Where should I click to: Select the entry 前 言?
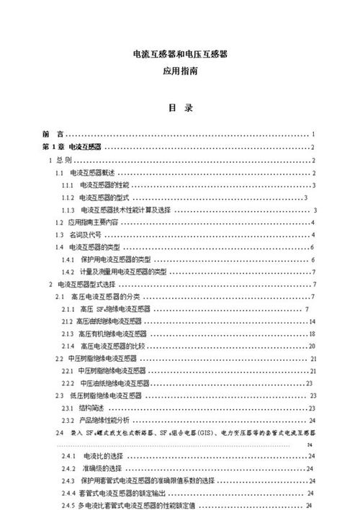pyautogui.click(x=52, y=134)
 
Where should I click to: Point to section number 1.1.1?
pyautogui.click(x=68, y=186)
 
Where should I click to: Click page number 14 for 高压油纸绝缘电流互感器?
pyautogui.click(x=312, y=321)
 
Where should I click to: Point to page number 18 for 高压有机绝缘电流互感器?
pyautogui.click(x=312, y=334)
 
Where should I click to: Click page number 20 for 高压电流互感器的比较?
pyautogui.click(x=312, y=346)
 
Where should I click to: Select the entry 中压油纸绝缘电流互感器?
pyautogui.click(x=115, y=383)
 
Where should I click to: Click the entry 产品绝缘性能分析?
pyautogui.click(x=104, y=420)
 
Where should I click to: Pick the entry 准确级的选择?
pyautogui.click(x=100, y=468)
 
